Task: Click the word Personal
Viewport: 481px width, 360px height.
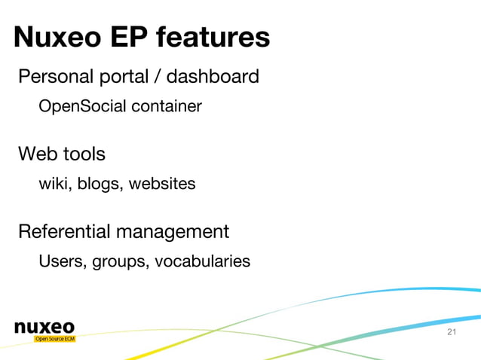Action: pyautogui.click(x=53, y=77)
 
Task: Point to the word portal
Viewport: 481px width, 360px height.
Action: pyautogui.click(x=121, y=77)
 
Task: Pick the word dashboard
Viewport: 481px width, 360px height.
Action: pyautogui.click(x=213, y=77)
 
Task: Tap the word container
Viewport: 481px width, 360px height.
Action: pyautogui.click(x=167, y=107)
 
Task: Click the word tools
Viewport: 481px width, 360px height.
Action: pyautogui.click(x=84, y=154)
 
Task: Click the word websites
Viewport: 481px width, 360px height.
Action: pyautogui.click(x=162, y=184)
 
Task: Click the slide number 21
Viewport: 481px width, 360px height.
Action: pyautogui.click(x=452, y=332)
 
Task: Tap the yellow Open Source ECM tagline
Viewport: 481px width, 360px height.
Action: pyautogui.click(x=55, y=339)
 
